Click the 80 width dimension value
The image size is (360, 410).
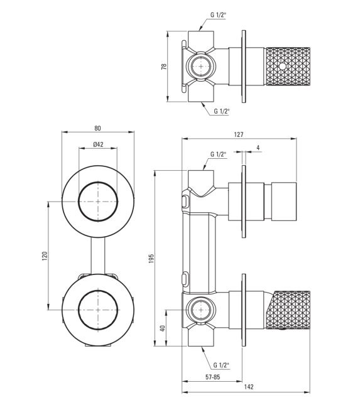[97, 128]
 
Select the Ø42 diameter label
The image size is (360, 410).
[98, 144]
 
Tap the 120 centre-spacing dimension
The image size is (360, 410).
[45, 256]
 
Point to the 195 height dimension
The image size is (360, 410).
[151, 258]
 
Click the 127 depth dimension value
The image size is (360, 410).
[238, 134]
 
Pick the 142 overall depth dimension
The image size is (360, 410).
[249, 387]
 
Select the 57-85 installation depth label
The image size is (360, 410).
[213, 377]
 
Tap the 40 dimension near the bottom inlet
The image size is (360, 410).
[163, 328]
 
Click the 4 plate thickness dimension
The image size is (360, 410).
[258, 148]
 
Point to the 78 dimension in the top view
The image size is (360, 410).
[164, 67]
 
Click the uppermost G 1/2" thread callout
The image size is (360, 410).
[218, 14]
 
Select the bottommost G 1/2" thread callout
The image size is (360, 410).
[221, 365]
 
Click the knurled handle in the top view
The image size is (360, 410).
[288, 67]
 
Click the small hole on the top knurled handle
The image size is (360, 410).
[282, 67]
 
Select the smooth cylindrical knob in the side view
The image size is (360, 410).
[283, 202]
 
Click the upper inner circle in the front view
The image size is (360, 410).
[98, 182]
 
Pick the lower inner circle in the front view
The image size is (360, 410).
[98, 291]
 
